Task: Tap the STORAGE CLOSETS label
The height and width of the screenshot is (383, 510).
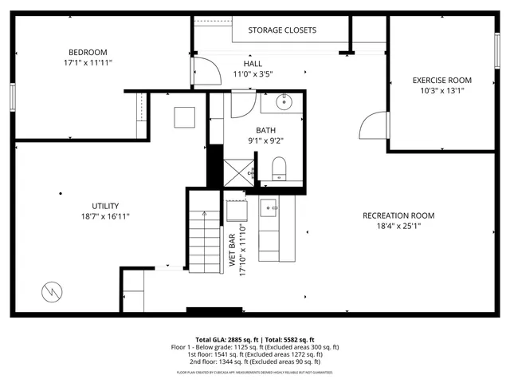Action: click(x=281, y=30)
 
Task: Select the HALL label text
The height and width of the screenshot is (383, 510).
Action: click(x=253, y=63)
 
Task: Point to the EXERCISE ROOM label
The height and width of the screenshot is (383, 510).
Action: click(x=441, y=80)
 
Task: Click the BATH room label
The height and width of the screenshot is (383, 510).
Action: click(x=265, y=130)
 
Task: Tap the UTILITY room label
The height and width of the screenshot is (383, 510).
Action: click(x=105, y=205)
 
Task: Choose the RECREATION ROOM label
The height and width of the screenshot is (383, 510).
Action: click(x=398, y=215)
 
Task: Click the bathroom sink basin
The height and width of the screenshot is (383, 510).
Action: click(x=284, y=101)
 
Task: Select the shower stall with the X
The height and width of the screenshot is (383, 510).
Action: click(x=238, y=172)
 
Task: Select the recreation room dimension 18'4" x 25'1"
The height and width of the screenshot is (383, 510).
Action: click(x=398, y=226)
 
